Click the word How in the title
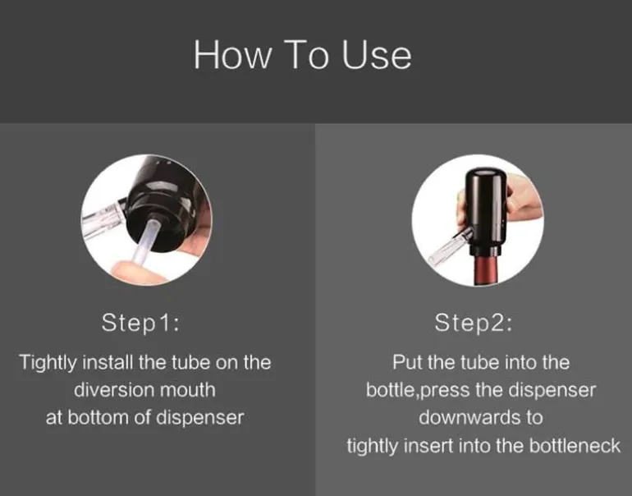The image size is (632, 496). pos(232,54)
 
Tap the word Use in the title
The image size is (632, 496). pos(377,54)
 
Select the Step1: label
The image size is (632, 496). pos(140,323)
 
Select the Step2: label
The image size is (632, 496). pos(474,323)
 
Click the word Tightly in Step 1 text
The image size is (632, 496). pos(48,363)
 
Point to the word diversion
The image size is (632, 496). pos(114,390)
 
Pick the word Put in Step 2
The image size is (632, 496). pos(407,362)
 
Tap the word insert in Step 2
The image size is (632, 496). pos(428,446)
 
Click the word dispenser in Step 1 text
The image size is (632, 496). pos(200,417)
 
